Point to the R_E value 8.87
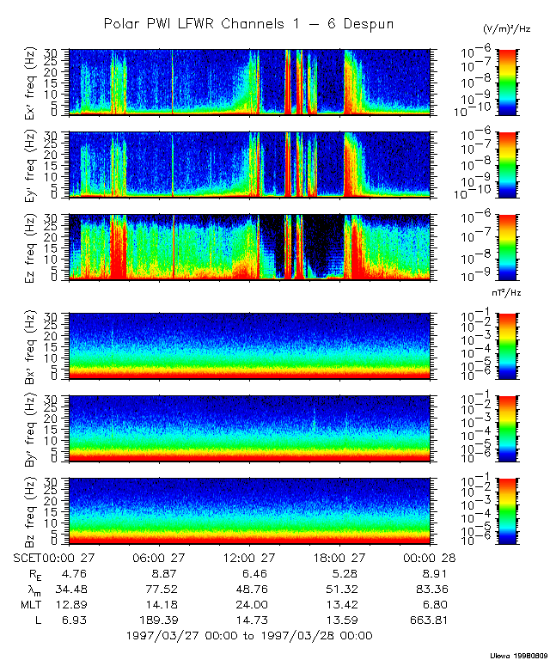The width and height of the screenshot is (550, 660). point(163,573)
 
